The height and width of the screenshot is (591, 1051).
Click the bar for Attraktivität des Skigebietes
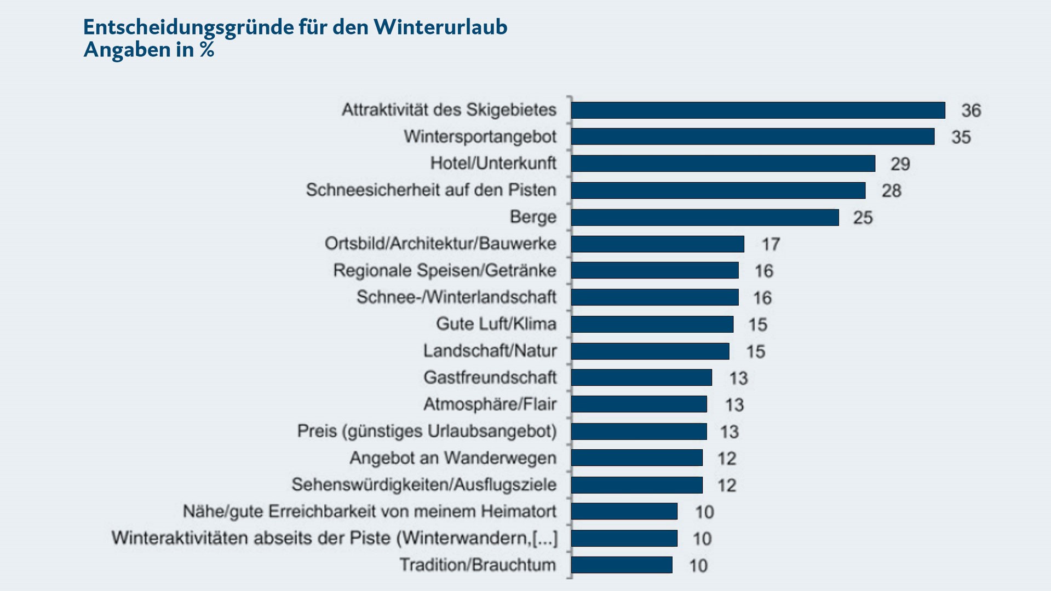pyautogui.click(x=758, y=110)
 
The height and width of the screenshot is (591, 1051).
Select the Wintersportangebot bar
pyautogui.click(x=753, y=137)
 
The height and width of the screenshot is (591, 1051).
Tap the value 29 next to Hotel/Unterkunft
pyautogui.click(x=900, y=164)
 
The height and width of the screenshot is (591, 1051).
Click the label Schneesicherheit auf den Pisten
pyautogui.click(x=431, y=190)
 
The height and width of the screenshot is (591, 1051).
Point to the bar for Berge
pyautogui.click(x=705, y=217)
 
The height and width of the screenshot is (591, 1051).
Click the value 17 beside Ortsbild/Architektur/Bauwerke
pyautogui.click(x=771, y=244)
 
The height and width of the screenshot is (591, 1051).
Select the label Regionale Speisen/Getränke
pyautogui.click(x=445, y=270)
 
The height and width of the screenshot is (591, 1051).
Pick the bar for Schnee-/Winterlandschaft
pyautogui.click(x=654, y=297)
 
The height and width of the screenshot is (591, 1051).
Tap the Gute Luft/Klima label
pyautogui.click(x=496, y=324)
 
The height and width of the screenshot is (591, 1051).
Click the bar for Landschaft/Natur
pyautogui.click(x=650, y=351)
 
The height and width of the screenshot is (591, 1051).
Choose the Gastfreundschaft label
pyautogui.click(x=490, y=378)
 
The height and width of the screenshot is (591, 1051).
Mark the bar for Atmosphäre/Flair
pyautogui.click(x=639, y=404)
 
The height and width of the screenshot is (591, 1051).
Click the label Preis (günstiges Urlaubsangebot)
pyautogui.click(x=427, y=431)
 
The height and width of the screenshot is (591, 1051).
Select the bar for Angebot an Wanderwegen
pyautogui.click(x=636, y=458)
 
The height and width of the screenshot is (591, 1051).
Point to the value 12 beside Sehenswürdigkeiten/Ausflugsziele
pyautogui.click(x=727, y=485)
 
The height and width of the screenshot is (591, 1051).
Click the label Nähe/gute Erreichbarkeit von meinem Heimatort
pyautogui.click(x=370, y=512)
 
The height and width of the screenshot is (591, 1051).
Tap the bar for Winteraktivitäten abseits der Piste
pyautogui.click(x=624, y=538)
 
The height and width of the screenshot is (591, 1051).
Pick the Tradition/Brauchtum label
pyautogui.click(x=478, y=565)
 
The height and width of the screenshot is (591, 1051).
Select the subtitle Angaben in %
pyautogui.click(x=148, y=50)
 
